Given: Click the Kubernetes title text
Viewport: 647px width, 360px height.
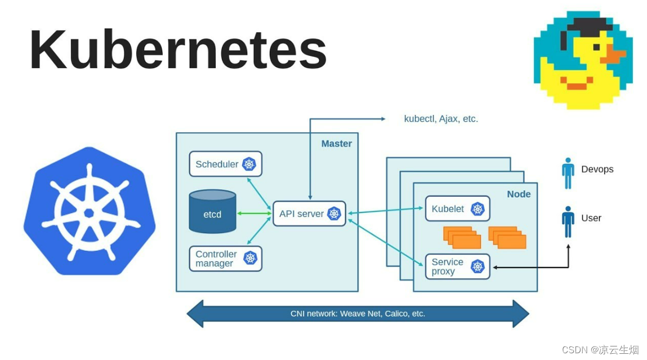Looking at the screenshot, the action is coord(178,50).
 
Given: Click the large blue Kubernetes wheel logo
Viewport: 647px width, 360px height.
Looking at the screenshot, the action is coord(90,211).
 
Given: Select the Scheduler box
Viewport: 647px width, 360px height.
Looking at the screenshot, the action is coord(226,164).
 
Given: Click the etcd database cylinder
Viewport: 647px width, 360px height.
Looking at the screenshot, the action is coord(212,211).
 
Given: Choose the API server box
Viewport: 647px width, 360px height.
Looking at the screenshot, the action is coord(310,214).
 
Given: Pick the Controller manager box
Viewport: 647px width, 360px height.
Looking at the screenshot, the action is coord(226,259).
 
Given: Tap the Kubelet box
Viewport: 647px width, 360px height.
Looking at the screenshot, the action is coord(458,208).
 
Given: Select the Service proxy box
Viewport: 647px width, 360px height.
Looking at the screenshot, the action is coord(458,266).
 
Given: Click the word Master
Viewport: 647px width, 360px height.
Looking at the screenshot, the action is coord(337,144).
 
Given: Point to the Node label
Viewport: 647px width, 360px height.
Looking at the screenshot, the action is coord(519,194).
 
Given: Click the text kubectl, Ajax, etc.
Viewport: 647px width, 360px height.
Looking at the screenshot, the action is coord(441,119).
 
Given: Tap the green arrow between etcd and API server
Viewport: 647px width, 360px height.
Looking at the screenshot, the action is coord(254,214).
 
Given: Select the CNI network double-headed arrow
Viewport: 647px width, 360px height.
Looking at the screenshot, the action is coord(358,314).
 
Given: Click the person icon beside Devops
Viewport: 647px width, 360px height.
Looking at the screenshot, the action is coord(568,173).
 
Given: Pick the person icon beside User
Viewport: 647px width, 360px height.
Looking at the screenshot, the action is coord(568,222).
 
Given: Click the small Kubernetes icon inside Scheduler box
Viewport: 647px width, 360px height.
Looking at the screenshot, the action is coord(249,164).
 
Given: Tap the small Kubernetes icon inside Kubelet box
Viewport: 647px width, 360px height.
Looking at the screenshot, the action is coord(478,208).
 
